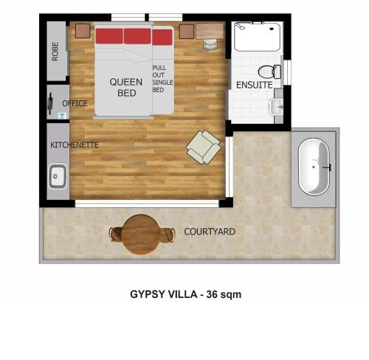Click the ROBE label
coord(55,52)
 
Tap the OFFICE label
coord(75,103)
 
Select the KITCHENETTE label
coord(75,145)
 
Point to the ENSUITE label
coord(255,85)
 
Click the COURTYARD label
coord(210,232)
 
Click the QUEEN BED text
coord(126,88)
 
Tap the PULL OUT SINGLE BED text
coord(162,79)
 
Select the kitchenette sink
coord(58,176)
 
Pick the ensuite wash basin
coord(276,107)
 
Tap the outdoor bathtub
coord(314,167)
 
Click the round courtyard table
coord(141,235)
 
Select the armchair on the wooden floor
coord(204,147)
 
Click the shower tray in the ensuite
coord(258,37)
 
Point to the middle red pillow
coord(137,36)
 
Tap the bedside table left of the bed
coord(83,31)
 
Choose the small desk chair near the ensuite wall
coord(210,44)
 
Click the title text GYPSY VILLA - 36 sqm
coord(186,294)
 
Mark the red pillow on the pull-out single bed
coord(162,38)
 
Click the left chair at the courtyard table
coord(115,235)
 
